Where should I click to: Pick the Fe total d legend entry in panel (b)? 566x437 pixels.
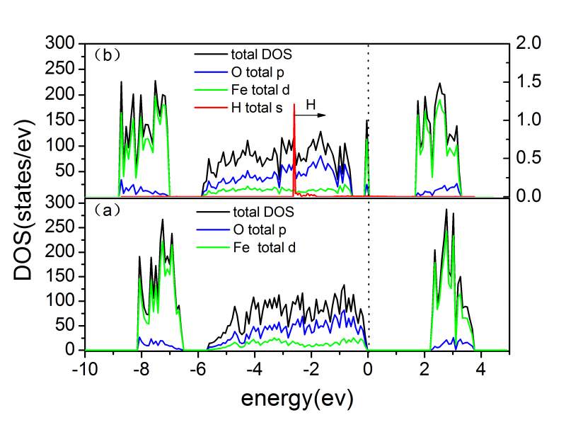pos(259,89)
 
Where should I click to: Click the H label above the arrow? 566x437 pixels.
pos(311,105)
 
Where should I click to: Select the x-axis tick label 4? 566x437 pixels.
pos(480,369)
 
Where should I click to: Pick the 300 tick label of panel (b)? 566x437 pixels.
pos(60,45)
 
